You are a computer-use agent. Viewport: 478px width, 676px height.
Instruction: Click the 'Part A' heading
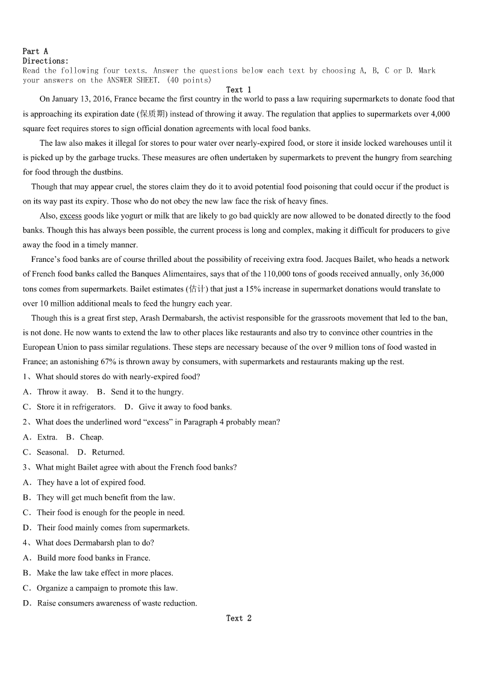click(x=35, y=52)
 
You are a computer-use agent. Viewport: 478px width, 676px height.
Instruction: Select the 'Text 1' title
click(x=238, y=90)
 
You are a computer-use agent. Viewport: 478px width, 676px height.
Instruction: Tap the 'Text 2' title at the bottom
click(x=238, y=618)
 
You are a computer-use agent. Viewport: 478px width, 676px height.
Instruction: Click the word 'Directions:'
click(x=45, y=61)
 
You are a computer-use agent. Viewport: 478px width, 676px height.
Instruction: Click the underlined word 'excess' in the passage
click(x=70, y=216)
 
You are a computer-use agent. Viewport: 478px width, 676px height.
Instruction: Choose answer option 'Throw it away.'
click(x=63, y=392)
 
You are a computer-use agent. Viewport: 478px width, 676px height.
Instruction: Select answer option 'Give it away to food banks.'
click(x=185, y=407)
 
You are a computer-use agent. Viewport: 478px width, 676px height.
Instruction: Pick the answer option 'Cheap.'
click(x=92, y=437)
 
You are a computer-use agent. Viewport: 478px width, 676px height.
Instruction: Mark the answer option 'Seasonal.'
click(x=52, y=452)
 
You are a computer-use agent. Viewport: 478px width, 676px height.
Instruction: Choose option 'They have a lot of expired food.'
click(x=91, y=482)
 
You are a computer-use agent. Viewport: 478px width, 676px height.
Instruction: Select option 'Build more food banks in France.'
click(x=93, y=557)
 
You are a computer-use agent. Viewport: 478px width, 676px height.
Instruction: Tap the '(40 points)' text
click(x=189, y=80)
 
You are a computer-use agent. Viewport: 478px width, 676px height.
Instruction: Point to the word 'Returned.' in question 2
click(x=108, y=452)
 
